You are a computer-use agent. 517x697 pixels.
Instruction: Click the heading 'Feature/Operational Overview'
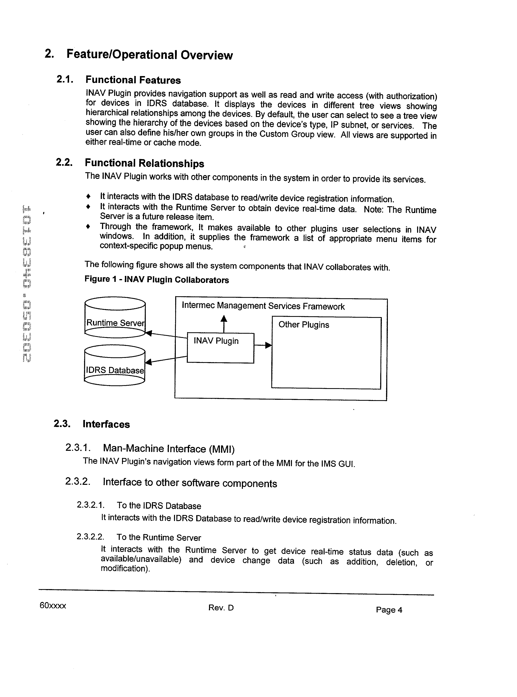click(150, 55)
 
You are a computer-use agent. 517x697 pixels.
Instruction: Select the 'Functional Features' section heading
click(133, 80)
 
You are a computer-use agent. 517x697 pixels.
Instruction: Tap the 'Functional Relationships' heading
click(144, 163)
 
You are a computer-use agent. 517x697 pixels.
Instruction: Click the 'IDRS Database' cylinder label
click(115, 370)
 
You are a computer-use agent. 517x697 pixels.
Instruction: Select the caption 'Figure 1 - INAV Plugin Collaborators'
click(156, 280)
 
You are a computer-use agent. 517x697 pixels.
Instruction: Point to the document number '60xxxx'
click(53, 606)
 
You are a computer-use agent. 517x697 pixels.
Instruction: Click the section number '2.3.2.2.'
click(90, 537)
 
